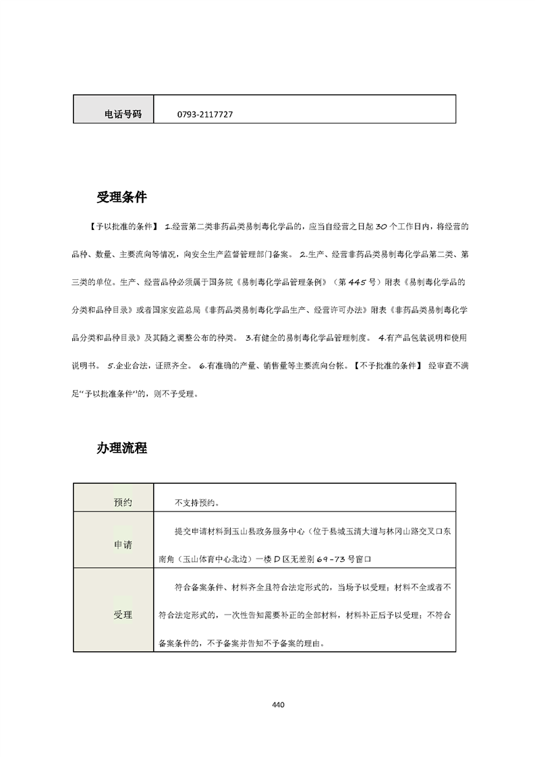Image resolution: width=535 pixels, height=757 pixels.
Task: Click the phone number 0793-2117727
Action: [205, 115]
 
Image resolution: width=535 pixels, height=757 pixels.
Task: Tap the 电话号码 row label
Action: [123, 115]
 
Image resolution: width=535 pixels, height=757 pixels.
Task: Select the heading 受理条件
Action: [121, 198]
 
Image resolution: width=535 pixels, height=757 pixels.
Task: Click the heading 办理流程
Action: [121, 448]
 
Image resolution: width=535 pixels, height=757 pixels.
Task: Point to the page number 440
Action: [278, 705]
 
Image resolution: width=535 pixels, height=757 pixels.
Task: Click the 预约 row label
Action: [123, 503]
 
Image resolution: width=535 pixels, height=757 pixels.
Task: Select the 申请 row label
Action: [123, 544]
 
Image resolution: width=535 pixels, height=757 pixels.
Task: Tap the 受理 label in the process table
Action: [123, 615]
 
